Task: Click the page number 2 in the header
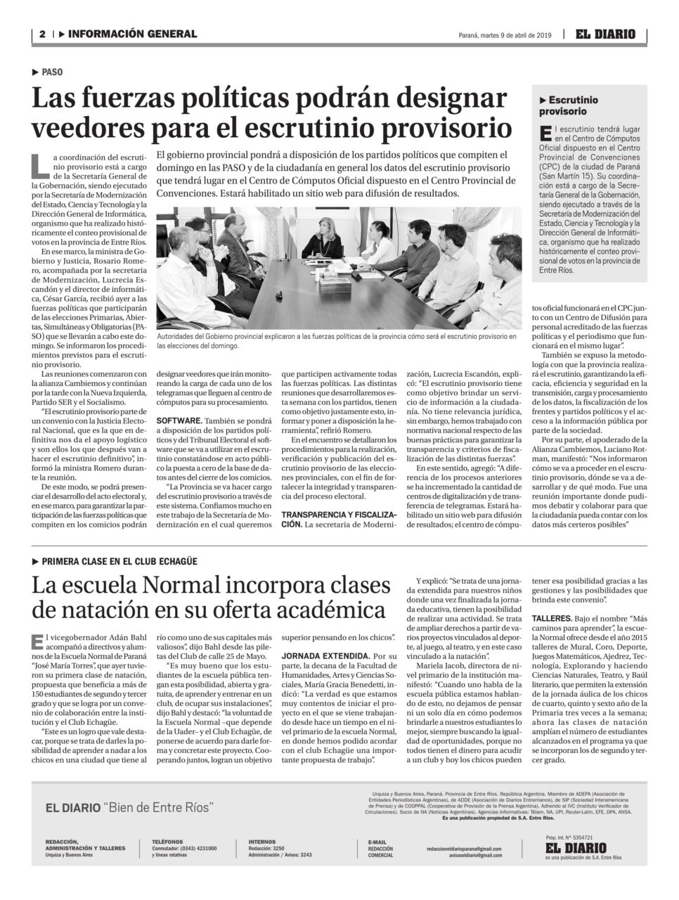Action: (41, 34)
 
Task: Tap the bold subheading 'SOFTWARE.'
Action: (179, 420)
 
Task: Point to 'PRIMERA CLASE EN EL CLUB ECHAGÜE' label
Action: (119, 561)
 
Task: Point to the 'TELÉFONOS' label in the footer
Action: (167, 841)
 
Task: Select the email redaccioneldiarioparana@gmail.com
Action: (464, 849)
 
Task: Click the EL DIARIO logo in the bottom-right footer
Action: (575, 847)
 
